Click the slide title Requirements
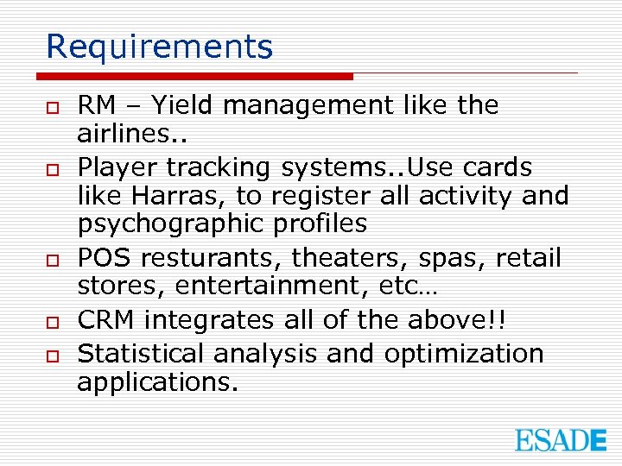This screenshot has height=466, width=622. (159, 47)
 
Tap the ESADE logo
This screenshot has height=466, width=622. (561, 440)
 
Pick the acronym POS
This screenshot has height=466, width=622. (105, 258)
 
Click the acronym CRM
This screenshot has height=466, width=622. (107, 320)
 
